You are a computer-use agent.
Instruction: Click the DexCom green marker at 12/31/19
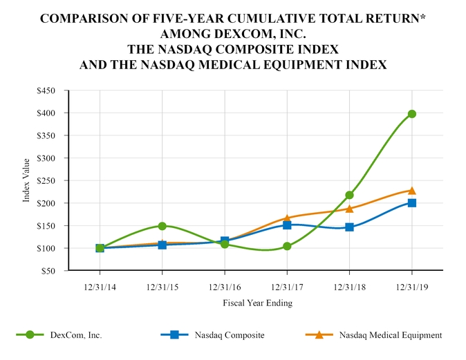[412, 114]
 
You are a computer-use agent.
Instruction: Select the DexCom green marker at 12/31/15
[162, 226]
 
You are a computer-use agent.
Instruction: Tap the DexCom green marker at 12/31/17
[287, 246]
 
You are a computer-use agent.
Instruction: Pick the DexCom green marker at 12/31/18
[349, 195]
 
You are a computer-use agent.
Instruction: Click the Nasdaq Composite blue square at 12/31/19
[412, 203]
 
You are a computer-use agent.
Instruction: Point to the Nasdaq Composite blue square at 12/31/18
[349, 227]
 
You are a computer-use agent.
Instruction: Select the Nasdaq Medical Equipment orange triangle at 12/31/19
[412, 190]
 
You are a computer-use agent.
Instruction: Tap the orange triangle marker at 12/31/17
[287, 218]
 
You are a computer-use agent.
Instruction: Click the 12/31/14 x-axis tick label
[100, 285]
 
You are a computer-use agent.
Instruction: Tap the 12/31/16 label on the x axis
[225, 285]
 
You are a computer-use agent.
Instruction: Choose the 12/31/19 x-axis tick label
[412, 285]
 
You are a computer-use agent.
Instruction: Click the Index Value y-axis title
[26, 180]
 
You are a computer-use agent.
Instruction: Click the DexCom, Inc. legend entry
[76, 335]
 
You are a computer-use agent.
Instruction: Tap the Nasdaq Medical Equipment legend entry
[391, 335]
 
